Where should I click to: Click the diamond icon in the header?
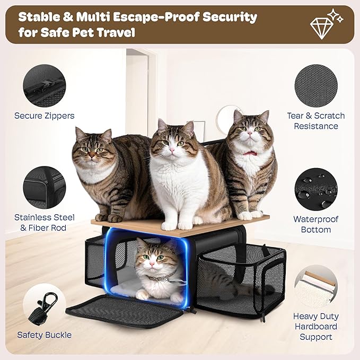322,24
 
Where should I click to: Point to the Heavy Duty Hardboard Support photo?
315,288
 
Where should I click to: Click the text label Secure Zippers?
45,116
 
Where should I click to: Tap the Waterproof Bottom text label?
315,224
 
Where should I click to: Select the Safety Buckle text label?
45,335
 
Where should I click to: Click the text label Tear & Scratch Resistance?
315,121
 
